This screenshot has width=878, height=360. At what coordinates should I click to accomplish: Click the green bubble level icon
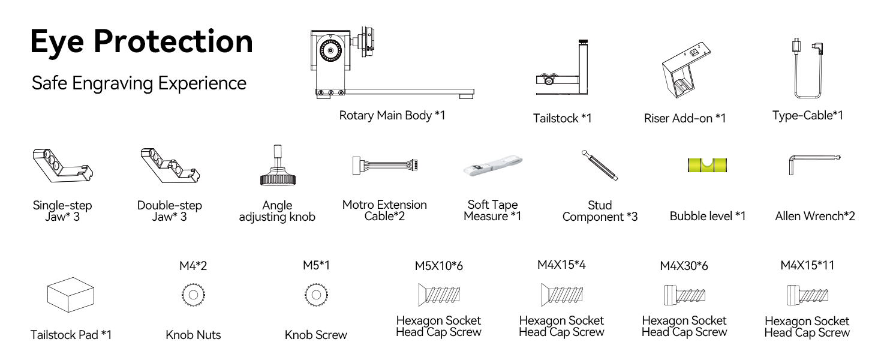coord(708,165)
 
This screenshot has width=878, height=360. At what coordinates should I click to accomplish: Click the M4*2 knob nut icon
coord(193,295)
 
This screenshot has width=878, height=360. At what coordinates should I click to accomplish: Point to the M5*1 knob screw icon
coord(315,295)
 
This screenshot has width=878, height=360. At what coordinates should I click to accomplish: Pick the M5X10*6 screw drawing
coord(438,295)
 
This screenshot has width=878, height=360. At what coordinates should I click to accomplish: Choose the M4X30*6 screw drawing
coord(684,295)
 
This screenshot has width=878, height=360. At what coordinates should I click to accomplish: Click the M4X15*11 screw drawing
coord(807,295)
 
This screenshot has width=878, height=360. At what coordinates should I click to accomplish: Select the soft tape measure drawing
coord(493,166)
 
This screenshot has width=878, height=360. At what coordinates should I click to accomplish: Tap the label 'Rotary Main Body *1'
coord(392,115)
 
